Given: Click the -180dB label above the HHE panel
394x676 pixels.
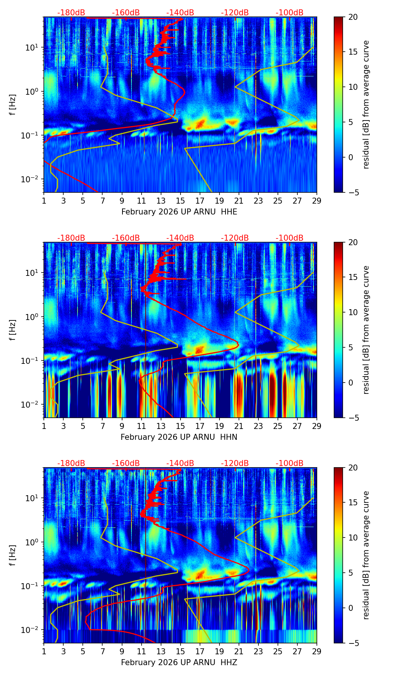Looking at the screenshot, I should tap(71, 13).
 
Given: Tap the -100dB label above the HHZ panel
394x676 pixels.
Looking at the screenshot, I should tap(290, 463).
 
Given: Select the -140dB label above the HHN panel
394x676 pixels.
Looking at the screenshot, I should tap(180, 238).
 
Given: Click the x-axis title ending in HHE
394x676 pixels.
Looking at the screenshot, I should tap(179, 212).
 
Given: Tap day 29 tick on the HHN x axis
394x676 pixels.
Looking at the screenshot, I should tap(317, 426).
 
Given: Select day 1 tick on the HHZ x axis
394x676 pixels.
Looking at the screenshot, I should tap(44, 651).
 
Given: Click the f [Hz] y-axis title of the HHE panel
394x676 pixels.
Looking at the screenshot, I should tap(12, 104).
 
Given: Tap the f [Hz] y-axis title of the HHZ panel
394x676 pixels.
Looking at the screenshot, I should tap(12, 555).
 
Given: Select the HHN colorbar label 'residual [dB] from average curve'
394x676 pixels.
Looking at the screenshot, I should tap(366, 330).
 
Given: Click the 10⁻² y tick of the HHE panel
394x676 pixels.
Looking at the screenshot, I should tap(33, 179).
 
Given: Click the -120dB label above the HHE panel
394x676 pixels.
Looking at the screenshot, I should tap(235, 13).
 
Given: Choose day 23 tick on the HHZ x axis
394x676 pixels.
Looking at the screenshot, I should tap(258, 651).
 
